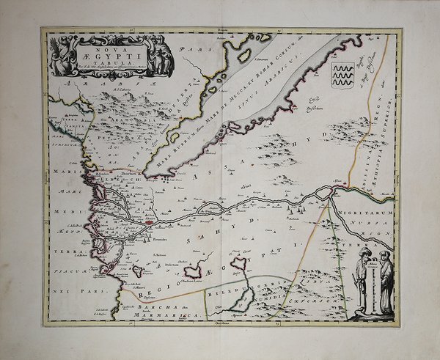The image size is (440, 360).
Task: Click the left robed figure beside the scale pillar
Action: coord(361,281)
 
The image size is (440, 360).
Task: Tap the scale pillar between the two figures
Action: coord(373,286)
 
